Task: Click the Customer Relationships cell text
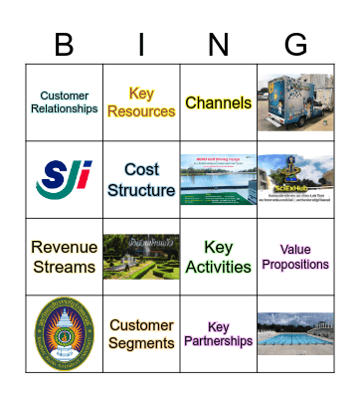tap(64, 102)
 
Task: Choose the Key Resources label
tap(141, 102)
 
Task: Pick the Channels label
tap(218, 102)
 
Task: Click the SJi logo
tap(64, 179)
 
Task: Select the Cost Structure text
tap(141, 180)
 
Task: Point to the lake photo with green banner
tap(218, 180)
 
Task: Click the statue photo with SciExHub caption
tap(295, 180)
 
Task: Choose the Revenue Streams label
tap(64, 257)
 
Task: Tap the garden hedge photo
tap(141, 257)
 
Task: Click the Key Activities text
tap(218, 257)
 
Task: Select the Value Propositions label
tap(295, 257)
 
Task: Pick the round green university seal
tap(64, 334)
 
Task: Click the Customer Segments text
tap(141, 334)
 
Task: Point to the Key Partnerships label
tap(218, 334)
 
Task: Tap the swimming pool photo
tap(295, 334)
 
